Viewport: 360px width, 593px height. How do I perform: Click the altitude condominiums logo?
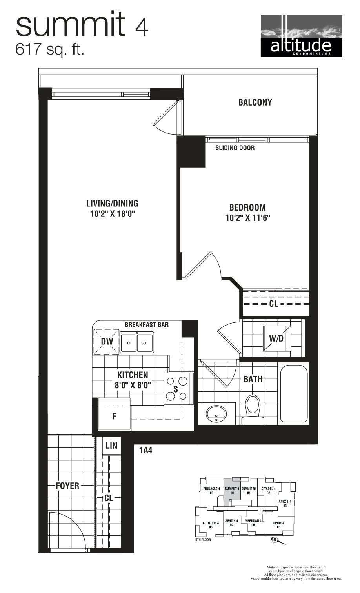tap(301, 36)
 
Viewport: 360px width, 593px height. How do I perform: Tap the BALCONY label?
tap(255, 102)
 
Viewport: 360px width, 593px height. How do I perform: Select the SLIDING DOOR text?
tap(235, 148)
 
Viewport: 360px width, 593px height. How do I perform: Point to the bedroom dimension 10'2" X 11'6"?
tap(247, 218)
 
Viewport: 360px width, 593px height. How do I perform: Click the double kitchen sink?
tap(136, 342)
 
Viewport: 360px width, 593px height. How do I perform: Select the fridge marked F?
tap(114, 416)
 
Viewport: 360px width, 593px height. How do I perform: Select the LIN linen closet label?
tap(111, 446)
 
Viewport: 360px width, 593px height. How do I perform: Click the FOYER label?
tap(67, 486)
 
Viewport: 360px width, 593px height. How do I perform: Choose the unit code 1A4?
tap(145, 451)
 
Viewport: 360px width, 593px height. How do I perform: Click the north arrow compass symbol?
tap(275, 540)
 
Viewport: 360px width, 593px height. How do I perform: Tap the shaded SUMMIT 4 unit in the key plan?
tap(232, 493)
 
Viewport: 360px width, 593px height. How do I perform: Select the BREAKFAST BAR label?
tap(147, 325)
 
